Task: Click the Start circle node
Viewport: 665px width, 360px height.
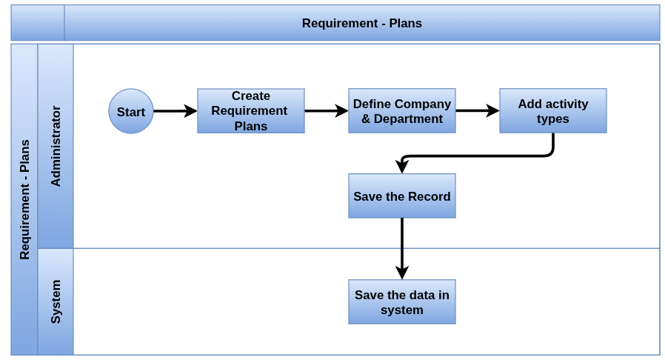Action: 131,111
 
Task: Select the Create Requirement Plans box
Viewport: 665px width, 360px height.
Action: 251,110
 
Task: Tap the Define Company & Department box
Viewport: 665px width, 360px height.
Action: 402,110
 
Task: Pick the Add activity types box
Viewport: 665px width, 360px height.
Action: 553,110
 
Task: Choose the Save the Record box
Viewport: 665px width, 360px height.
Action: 402,196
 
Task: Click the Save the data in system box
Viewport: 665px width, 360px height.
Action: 402,302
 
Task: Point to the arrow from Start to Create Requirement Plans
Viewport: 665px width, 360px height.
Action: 176,111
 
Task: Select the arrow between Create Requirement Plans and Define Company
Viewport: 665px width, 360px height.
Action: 327,111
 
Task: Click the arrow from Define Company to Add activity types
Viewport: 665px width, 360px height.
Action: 478,111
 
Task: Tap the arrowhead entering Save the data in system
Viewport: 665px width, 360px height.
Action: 402,273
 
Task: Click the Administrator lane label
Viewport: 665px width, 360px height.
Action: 56,146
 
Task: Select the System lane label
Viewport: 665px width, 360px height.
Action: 56,301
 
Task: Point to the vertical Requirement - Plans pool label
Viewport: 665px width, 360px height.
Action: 24,200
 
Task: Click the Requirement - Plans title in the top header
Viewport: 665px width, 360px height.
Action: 362,23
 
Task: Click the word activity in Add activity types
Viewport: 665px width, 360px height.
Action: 565,104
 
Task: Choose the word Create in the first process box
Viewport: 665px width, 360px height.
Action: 251,96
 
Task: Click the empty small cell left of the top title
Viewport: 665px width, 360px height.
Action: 38,23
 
